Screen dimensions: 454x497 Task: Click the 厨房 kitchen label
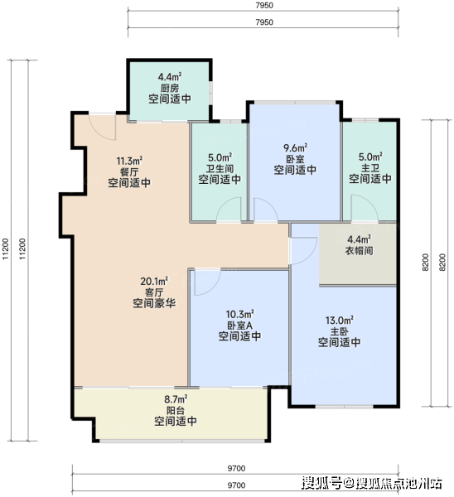click(170, 88)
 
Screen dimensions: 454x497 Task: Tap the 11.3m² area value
click(129, 161)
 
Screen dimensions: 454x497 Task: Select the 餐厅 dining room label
click(129, 171)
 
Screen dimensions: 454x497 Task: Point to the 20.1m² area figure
click(154, 281)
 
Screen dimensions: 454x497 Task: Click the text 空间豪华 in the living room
click(154, 303)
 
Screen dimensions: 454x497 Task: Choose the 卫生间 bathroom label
click(220, 168)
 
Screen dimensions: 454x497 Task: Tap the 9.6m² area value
click(295, 147)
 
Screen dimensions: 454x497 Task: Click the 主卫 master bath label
click(370, 167)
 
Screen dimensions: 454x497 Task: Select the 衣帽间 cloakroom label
click(359, 250)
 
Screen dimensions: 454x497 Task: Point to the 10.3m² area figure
click(239, 314)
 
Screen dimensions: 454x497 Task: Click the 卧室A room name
click(239, 326)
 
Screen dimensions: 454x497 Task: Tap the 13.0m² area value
click(340, 320)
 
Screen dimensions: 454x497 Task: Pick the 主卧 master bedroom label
click(340, 331)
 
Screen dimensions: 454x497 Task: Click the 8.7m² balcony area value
click(176, 398)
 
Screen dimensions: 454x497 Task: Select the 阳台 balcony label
click(176, 410)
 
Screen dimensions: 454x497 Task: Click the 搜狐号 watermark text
click(321, 483)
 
